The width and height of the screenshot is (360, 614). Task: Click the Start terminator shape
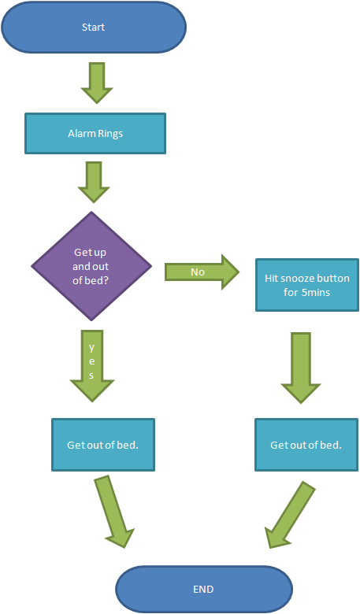tap(93, 28)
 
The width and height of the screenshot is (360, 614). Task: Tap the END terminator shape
tap(203, 589)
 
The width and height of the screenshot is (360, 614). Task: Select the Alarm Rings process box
tap(95, 133)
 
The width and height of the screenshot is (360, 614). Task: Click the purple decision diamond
tap(92, 265)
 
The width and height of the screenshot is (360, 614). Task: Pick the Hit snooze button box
tap(306, 285)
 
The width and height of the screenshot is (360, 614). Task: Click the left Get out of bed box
tap(103, 445)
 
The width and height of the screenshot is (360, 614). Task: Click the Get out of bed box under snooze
tap(306, 445)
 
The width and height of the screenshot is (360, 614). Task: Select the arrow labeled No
tap(202, 272)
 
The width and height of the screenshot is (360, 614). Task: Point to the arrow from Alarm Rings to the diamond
tap(93, 182)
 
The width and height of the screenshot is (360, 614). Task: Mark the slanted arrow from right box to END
tap(289, 515)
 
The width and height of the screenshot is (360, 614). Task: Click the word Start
tap(93, 28)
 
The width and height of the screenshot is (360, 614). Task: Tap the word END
tap(203, 589)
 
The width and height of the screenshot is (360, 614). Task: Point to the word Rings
tap(110, 133)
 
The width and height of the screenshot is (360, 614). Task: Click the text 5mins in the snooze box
tap(317, 292)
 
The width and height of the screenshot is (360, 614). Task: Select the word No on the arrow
tap(198, 272)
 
